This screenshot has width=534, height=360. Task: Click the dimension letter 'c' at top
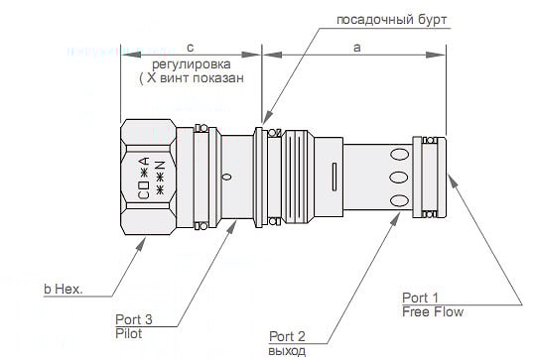(x=190, y=48)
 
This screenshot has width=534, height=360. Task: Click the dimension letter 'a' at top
(x=356, y=48)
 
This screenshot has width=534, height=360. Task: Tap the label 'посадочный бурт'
(x=392, y=20)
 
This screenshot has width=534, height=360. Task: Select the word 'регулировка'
(x=191, y=64)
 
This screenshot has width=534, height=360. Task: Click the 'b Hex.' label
(x=64, y=289)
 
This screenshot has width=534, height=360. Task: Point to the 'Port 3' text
(x=133, y=319)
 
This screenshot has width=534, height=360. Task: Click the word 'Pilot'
(x=129, y=333)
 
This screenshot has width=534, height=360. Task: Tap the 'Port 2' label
(x=287, y=336)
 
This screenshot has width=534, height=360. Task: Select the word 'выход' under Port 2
(x=287, y=351)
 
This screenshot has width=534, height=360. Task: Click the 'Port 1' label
(x=420, y=298)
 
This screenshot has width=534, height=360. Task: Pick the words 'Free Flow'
(x=433, y=311)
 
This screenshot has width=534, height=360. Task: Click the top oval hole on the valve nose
(x=399, y=155)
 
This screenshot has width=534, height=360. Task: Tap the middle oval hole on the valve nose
(x=399, y=178)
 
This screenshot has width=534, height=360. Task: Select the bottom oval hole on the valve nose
(x=399, y=200)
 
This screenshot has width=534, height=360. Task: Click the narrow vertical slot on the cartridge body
(x=334, y=177)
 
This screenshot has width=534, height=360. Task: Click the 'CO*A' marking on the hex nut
(x=144, y=178)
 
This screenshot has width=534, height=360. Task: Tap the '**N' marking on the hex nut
(x=160, y=178)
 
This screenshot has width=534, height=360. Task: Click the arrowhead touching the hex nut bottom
(x=141, y=243)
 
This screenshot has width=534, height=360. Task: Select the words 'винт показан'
(x=201, y=78)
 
